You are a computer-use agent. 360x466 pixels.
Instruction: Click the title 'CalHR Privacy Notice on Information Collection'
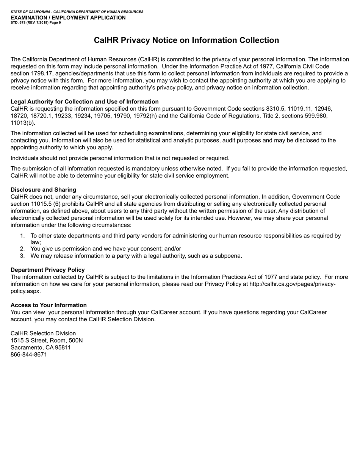(186, 41)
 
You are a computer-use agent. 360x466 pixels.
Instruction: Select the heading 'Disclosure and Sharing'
(43, 190)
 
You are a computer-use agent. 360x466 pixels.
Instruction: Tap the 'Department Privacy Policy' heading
(47, 270)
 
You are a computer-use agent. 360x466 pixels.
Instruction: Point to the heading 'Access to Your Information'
(49, 305)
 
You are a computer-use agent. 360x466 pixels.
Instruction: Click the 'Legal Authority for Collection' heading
(85, 102)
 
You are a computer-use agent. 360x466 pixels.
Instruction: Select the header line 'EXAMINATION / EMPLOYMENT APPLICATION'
(68, 17)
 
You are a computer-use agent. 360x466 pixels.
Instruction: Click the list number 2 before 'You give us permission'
(22, 249)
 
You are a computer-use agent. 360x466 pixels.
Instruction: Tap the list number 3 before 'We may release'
(22, 256)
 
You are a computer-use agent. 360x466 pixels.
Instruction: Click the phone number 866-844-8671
(29, 355)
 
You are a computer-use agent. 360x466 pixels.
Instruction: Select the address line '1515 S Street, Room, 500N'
(47, 341)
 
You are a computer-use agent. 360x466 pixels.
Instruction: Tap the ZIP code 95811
(63, 347)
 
